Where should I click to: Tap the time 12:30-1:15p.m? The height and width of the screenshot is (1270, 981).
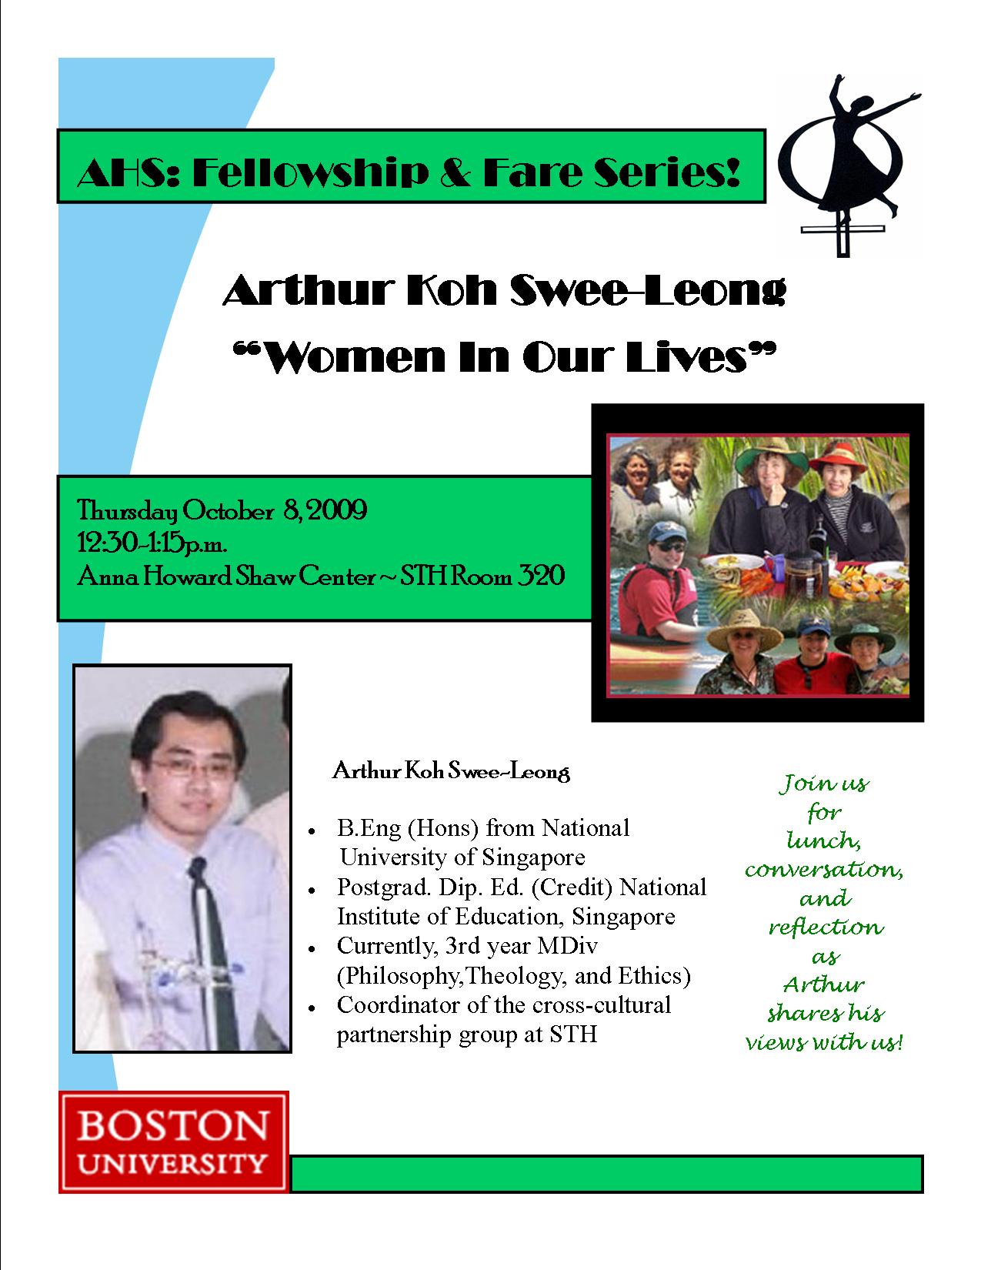(152, 543)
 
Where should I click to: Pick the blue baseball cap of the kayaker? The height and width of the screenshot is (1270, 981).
(669, 532)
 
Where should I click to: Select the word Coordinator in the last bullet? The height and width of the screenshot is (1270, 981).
(397, 1004)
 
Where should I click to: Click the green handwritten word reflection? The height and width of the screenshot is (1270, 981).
(826, 927)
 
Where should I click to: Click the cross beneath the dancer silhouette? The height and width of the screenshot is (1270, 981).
(842, 234)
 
